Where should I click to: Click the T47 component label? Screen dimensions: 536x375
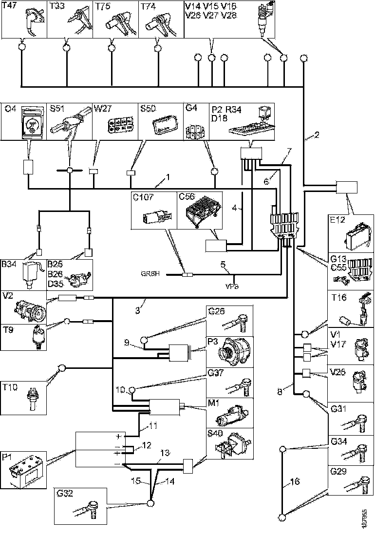[10, 6]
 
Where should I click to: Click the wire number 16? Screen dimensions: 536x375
[294, 482]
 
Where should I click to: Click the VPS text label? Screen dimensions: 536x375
[232, 287]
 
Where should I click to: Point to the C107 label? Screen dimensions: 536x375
[143, 197]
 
